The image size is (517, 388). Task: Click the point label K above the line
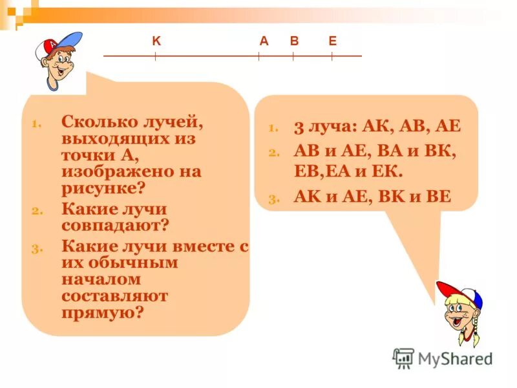[x=156, y=41]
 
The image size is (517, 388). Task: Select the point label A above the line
[x=264, y=41]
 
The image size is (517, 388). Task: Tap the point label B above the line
[x=294, y=41]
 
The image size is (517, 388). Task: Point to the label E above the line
[x=332, y=41]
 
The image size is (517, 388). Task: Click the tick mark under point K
[x=155, y=56]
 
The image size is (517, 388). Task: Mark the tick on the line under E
[x=332, y=56]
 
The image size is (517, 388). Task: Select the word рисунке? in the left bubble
[x=104, y=188]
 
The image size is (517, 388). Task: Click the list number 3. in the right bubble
[x=273, y=199]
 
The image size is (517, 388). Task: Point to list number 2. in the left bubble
[x=36, y=211]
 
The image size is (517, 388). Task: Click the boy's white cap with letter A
[x=55, y=45]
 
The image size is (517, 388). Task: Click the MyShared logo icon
[x=403, y=358]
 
